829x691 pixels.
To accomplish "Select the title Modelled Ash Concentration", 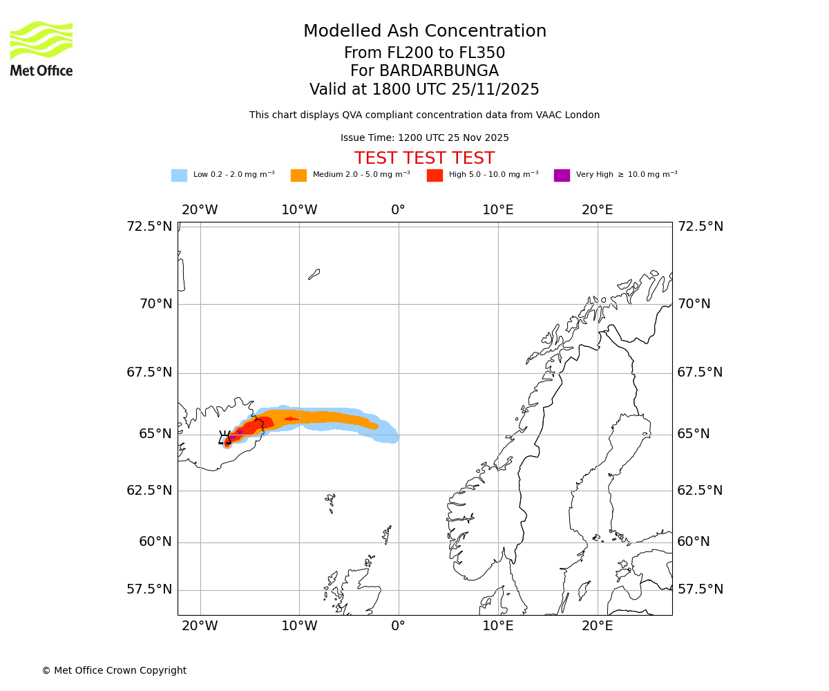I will [424, 31].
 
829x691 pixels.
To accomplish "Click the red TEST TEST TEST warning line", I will [424, 158].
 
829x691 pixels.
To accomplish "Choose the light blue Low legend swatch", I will [179, 176].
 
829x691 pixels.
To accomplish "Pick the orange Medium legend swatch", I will [298, 176].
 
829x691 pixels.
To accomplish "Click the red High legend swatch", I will [435, 176].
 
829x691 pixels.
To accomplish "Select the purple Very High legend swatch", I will [562, 176].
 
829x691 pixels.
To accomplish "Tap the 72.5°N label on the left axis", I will [149, 227].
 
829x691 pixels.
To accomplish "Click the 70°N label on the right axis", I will [694, 304].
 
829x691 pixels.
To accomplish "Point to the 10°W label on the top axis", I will [299, 210].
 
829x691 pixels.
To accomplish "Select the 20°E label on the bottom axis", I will [597, 626].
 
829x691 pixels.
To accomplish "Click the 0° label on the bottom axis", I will [399, 626].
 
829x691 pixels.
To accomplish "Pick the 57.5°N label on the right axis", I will [700, 589].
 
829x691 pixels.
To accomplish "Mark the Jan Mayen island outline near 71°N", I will [314, 274].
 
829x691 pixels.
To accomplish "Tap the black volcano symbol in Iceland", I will [225, 439].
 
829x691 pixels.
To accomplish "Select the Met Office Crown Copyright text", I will [114, 670].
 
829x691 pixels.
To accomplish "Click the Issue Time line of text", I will [424, 138].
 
